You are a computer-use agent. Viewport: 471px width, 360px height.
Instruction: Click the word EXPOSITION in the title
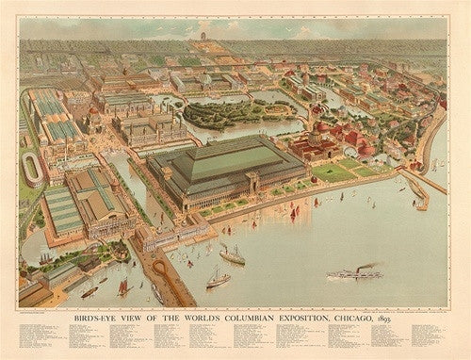(284, 313)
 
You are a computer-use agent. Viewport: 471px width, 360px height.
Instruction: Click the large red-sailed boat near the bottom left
(123, 286)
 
